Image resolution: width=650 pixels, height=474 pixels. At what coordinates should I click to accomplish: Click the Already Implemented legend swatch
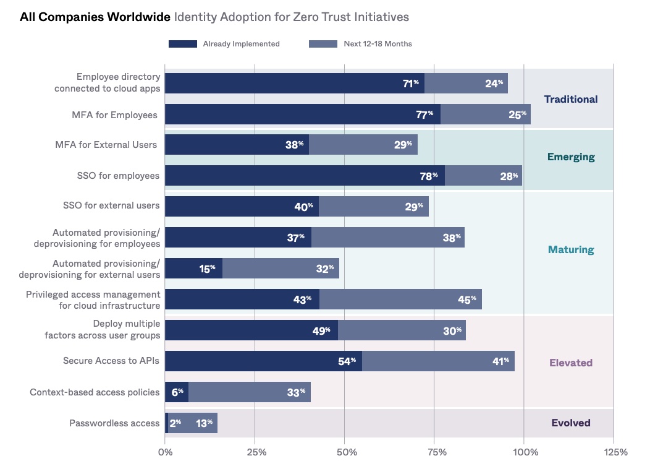point(182,44)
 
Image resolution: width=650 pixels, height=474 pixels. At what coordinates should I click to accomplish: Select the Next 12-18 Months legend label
point(378,44)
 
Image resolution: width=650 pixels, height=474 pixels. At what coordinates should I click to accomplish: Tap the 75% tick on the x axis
point(437,452)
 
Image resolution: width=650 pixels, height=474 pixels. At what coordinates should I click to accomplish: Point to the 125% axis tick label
point(615,452)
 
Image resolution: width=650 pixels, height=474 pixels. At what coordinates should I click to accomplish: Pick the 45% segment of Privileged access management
point(400,299)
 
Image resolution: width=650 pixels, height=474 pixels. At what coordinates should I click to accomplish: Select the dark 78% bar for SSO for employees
point(305,176)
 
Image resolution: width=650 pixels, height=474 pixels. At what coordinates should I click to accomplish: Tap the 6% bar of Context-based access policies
point(176,392)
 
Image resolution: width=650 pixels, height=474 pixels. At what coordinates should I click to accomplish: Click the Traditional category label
point(570,99)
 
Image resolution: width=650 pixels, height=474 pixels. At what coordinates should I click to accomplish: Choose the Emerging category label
point(570,157)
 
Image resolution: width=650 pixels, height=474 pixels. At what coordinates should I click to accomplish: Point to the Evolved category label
point(570,423)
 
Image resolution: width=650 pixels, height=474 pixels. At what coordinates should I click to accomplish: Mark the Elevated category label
point(570,363)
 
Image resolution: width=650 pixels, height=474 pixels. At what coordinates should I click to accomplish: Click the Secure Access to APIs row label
point(111,361)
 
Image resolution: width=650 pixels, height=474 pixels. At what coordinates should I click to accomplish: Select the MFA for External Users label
point(106,145)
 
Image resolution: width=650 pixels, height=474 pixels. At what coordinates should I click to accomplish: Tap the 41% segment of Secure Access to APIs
point(438,361)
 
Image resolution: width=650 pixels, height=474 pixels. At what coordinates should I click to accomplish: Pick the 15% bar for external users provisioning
point(193,269)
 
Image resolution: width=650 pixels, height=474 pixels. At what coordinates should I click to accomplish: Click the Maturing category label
point(570,250)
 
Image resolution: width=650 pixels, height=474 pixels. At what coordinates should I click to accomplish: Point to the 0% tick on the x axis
point(166,452)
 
